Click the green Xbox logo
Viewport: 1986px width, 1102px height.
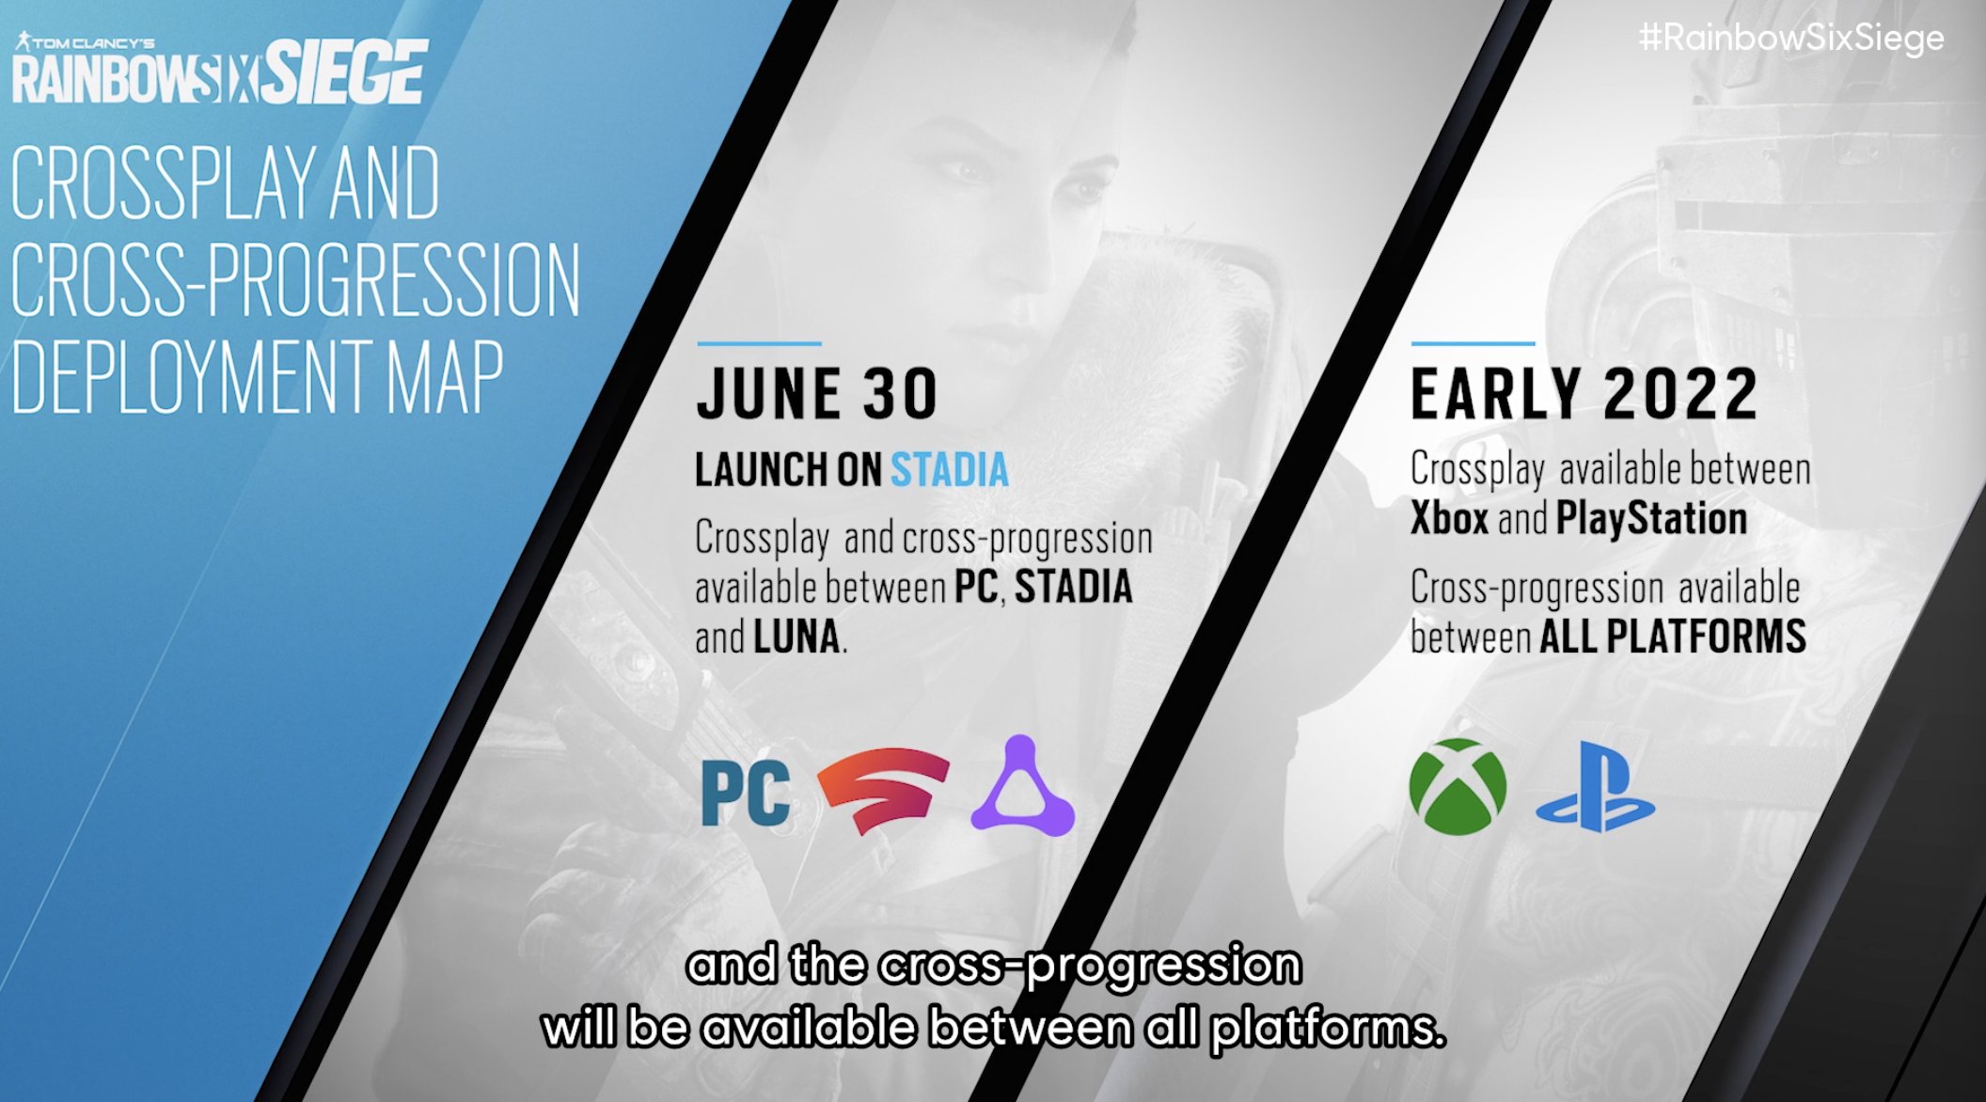[x=1458, y=786]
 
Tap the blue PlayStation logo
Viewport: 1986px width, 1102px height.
[x=1595, y=787]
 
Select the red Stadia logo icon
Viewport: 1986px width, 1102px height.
[x=883, y=789]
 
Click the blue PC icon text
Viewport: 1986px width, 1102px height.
[x=746, y=794]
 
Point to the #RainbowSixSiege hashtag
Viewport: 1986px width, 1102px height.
[x=1791, y=39]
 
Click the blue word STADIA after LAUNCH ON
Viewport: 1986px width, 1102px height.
[x=950, y=470]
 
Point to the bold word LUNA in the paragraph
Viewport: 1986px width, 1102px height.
[x=796, y=637]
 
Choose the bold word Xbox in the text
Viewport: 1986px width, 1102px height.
[x=1449, y=518]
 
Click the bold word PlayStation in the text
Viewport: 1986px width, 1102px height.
[x=1651, y=518]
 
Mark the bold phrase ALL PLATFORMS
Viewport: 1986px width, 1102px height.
[x=1673, y=637]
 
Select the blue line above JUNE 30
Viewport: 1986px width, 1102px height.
[x=759, y=344]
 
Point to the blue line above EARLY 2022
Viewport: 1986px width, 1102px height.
[x=1474, y=344]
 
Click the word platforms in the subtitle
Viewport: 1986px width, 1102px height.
[x=1327, y=1029]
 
